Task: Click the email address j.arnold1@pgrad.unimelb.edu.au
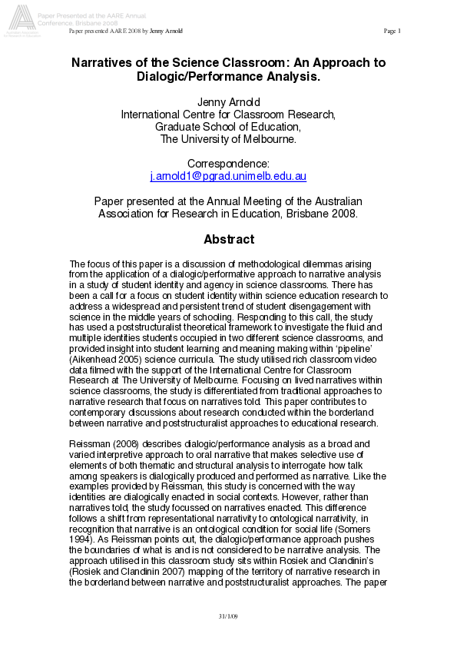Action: tap(228, 177)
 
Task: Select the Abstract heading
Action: tap(228, 240)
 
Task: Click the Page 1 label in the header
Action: tap(392, 31)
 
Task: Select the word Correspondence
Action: tap(228, 164)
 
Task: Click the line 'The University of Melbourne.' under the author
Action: tap(228, 139)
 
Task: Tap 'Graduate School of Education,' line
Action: tap(228, 127)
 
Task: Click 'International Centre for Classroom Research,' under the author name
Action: tap(228, 114)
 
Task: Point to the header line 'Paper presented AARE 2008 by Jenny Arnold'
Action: tap(126, 31)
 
